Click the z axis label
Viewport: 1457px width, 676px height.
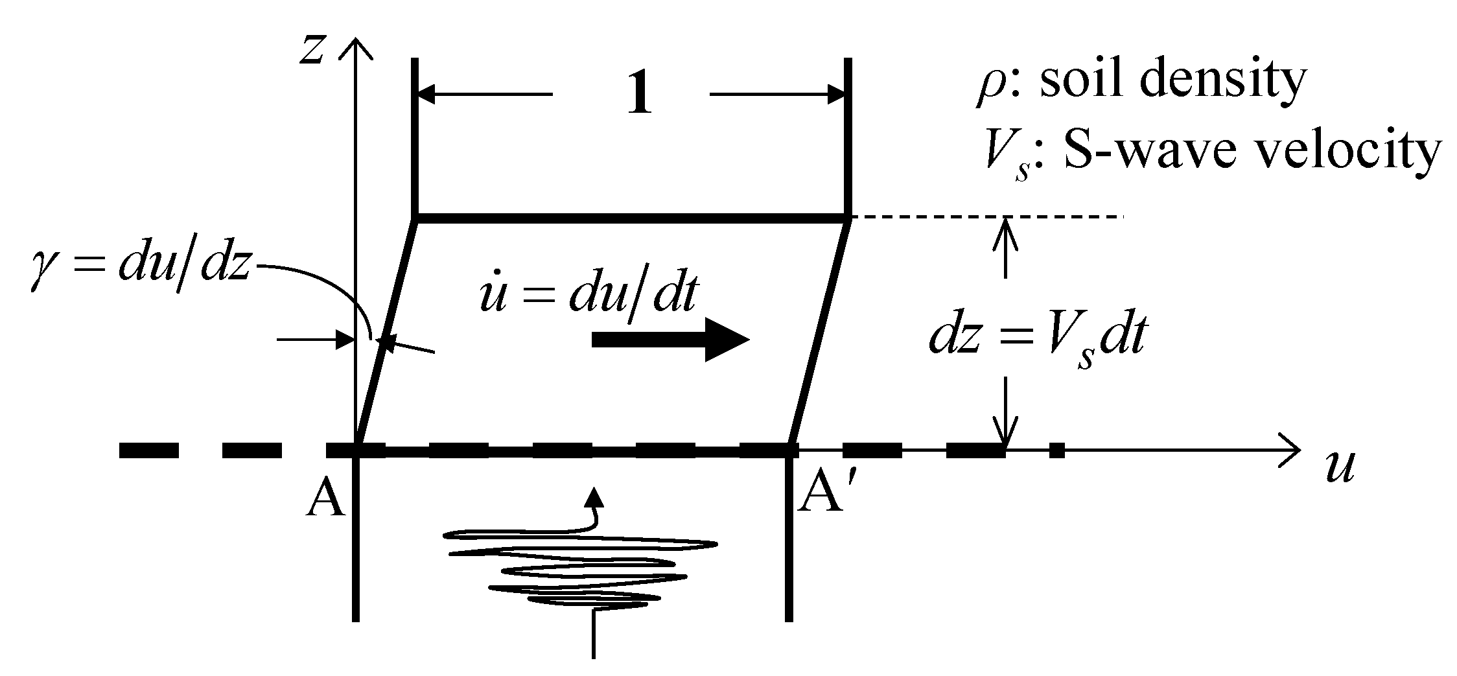[312, 51]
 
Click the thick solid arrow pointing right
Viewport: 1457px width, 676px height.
[670, 340]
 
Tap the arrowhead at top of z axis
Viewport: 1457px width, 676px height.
[355, 47]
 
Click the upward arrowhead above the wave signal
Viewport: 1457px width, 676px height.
[593, 496]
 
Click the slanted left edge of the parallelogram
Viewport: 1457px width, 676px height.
[387, 331]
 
